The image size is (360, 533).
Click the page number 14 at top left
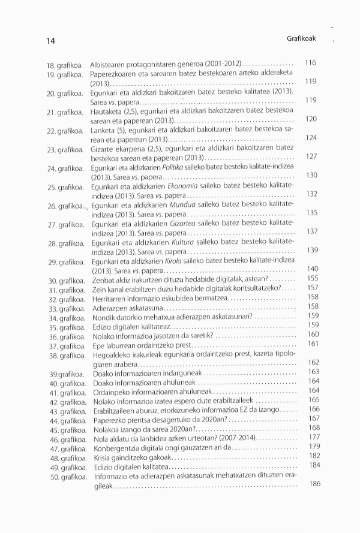tap(51, 40)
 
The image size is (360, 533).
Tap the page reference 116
tap(310, 62)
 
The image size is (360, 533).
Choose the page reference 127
tap(311, 156)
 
